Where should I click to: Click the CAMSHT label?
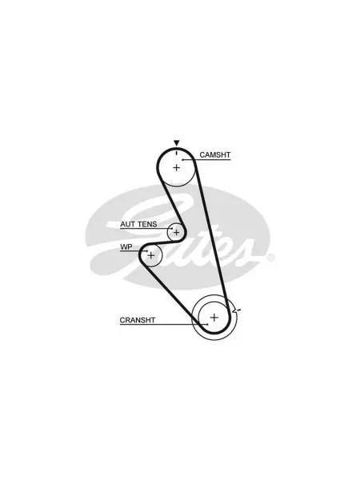[215, 155]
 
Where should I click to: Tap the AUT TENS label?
[138, 224]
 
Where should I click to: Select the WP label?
[126, 246]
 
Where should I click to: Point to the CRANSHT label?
[138, 320]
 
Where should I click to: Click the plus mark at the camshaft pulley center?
[176, 167]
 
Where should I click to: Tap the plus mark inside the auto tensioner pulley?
[176, 233]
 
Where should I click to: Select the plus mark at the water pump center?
[151, 255]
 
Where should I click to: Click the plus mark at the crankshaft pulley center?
[214, 317]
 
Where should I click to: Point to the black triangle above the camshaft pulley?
[176, 142]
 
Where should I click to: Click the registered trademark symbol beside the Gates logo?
[271, 258]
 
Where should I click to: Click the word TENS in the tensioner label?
[147, 224]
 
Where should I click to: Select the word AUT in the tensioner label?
[128, 224]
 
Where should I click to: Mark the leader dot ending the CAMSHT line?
[182, 160]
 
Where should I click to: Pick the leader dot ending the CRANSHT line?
[207, 325]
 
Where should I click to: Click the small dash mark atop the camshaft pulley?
[177, 153]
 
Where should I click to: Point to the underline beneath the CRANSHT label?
[163, 325]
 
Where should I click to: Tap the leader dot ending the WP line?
[147, 251]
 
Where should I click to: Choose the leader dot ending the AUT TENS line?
[172, 229]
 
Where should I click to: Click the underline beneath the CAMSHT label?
[206, 160]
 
